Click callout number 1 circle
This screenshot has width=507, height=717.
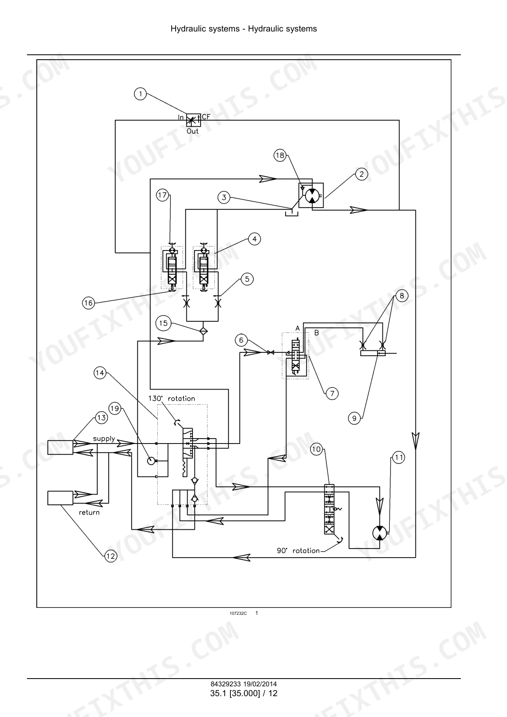pyautogui.click(x=140, y=94)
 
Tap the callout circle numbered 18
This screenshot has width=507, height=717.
pyautogui.click(x=280, y=155)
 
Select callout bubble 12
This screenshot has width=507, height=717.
pyautogui.click(x=110, y=556)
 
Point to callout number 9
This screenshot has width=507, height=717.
pyautogui.click(x=354, y=418)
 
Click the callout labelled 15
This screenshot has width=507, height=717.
pyautogui.click(x=163, y=323)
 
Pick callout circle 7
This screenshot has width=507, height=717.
pyautogui.click(x=332, y=394)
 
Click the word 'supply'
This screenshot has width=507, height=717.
pyautogui.click(x=104, y=439)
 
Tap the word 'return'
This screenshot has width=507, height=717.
pyautogui.click(x=89, y=512)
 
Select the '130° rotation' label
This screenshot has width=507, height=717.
pyautogui.click(x=172, y=398)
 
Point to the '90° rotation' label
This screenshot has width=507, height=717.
pyautogui.click(x=298, y=551)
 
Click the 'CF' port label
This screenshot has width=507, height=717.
pyautogui.click(x=206, y=117)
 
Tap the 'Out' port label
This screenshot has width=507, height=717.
pyautogui.click(x=192, y=131)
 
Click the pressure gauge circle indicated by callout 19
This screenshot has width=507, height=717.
pyautogui.click(x=151, y=461)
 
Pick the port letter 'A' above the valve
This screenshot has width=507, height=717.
pyautogui.click(x=297, y=328)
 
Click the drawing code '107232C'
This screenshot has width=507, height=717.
pyautogui.click(x=238, y=614)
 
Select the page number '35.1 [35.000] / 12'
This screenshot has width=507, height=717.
pyautogui.click(x=243, y=693)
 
